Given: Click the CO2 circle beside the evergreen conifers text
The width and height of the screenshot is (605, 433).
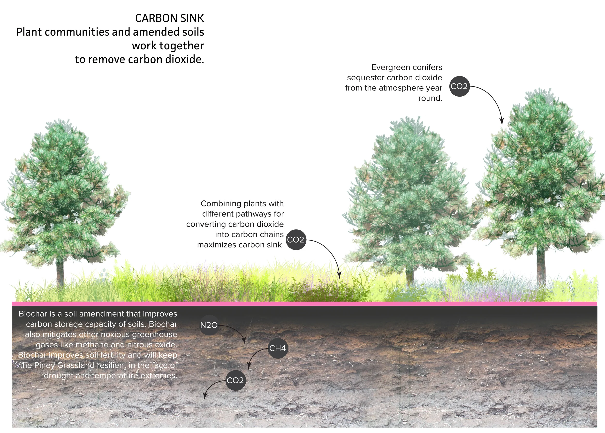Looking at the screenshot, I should pyautogui.click(x=459, y=86).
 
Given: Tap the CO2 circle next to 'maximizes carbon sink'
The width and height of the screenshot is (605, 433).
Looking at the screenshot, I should pyautogui.click(x=295, y=240).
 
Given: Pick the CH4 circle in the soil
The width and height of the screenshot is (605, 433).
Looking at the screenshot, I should pyautogui.click(x=277, y=348).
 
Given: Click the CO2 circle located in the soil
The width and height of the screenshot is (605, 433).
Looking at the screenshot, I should pyautogui.click(x=235, y=380).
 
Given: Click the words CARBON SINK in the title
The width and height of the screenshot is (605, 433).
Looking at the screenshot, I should pyautogui.click(x=169, y=18).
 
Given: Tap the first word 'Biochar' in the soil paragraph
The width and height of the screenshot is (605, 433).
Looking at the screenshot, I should pyautogui.click(x=33, y=314).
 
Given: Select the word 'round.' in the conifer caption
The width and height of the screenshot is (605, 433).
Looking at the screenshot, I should pyautogui.click(x=430, y=98).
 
